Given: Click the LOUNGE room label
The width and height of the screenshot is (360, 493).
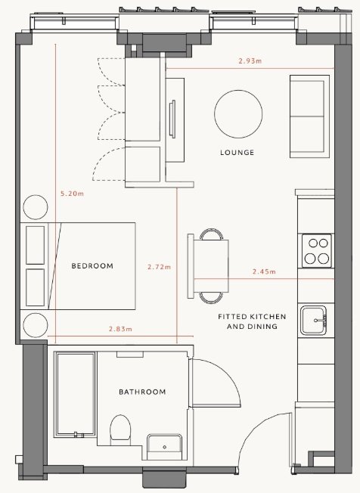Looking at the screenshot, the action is [x=237, y=153].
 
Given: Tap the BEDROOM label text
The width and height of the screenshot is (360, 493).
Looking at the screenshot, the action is [x=92, y=265].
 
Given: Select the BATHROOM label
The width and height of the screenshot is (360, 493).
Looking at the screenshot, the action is [x=142, y=392].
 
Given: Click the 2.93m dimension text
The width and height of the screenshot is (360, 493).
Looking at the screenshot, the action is [x=250, y=61].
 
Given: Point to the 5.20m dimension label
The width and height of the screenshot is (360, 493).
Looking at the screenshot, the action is [x=73, y=194].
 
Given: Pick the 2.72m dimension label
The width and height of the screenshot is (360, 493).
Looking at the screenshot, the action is [x=160, y=267].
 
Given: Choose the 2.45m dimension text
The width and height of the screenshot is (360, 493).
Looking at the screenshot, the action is [x=264, y=271].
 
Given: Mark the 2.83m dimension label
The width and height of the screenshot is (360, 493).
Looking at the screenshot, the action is [x=121, y=329].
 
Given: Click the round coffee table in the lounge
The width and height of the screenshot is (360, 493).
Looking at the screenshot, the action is [x=238, y=114].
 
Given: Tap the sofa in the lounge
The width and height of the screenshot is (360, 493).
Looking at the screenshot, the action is [x=309, y=116].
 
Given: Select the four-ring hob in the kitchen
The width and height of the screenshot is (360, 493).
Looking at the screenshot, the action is [x=317, y=251].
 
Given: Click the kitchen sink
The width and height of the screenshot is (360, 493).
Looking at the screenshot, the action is [x=313, y=321].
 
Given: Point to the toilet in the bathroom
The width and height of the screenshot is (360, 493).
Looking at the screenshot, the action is [x=120, y=429].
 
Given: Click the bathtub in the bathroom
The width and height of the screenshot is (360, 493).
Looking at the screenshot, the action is [x=75, y=395].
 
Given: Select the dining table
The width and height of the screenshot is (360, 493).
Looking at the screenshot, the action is [x=211, y=266].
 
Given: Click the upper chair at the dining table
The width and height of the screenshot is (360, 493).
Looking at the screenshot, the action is [x=212, y=234].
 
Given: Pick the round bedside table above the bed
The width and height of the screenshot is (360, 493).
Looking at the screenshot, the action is [x=36, y=207].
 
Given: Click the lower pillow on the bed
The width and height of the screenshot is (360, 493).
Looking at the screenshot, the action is [x=36, y=287].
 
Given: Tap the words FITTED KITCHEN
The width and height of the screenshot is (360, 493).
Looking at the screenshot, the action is [x=252, y=317].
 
